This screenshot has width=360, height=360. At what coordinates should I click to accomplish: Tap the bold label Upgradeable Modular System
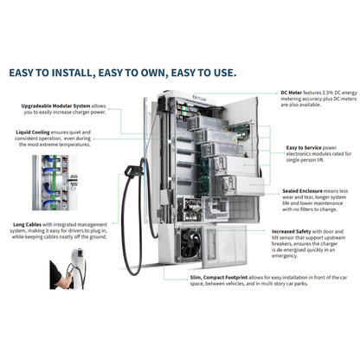click(x=56, y=106)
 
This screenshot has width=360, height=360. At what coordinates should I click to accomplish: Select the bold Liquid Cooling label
click(x=34, y=133)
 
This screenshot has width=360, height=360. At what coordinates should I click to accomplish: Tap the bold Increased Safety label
click(x=294, y=232)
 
